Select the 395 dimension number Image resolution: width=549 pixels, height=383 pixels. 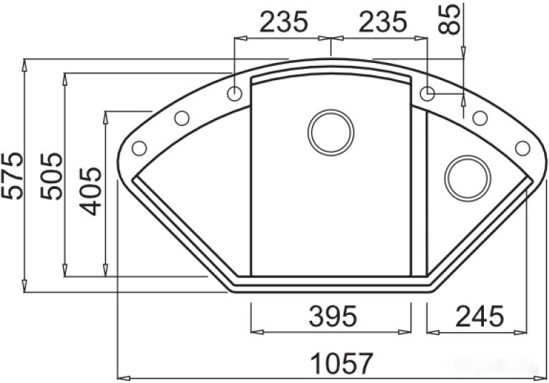330,316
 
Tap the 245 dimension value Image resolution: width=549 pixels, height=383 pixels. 479,316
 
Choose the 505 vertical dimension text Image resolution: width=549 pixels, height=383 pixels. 52,175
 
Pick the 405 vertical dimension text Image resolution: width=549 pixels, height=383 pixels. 92,192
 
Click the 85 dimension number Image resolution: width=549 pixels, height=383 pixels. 450,19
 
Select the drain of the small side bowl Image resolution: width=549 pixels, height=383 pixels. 467,176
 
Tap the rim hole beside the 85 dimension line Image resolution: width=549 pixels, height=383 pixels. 427,93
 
